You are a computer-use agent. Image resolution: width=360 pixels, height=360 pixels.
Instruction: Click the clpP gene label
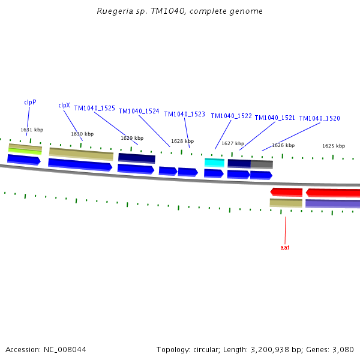(x=30, y=102)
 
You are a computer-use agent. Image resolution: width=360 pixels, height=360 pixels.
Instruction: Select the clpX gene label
(x=64, y=105)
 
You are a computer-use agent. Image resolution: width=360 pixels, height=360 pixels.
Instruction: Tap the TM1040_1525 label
(x=95, y=108)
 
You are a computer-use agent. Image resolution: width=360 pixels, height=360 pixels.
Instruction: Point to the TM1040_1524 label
(x=139, y=111)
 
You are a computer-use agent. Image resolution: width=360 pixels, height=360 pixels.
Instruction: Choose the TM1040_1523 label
(x=185, y=114)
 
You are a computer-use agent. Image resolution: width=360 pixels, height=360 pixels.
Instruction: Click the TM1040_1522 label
(x=231, y=116)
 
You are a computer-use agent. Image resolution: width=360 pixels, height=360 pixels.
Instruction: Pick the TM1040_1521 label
(x=275, y=118)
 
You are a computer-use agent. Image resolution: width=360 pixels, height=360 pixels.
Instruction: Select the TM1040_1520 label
(x=319, y=118)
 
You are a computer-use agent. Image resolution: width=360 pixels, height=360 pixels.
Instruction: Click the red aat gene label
(x=285, y=247)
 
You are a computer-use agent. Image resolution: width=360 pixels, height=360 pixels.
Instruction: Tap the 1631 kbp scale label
(x=32, y=130)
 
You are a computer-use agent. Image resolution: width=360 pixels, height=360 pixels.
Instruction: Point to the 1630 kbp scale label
(x=82, y=134)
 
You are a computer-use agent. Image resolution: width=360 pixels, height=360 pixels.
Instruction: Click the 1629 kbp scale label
(x=132, y=138)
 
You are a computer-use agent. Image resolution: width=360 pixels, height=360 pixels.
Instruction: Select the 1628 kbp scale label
(x=182, y=141)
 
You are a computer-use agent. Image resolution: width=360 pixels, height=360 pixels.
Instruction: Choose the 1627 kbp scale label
(x=233, y=143)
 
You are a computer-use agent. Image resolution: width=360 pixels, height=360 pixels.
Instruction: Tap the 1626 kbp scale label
(x=283, y=145)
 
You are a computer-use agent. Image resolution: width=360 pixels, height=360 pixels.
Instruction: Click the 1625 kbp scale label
(x=334, y=146)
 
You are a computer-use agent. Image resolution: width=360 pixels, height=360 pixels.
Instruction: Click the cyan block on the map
(x=214, y=163)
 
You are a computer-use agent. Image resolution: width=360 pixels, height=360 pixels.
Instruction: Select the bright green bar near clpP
(x=25, y=151)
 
